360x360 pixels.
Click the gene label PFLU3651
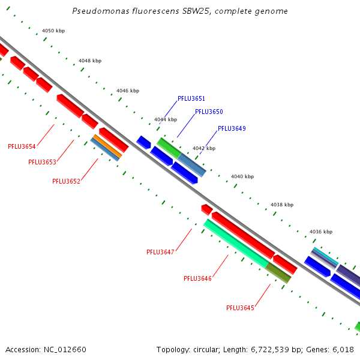click(x=191, y=98)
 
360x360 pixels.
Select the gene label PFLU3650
click(x=209, y=112)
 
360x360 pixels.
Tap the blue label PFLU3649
click(x=232, y=128)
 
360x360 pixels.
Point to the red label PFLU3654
click(x=22, y=146)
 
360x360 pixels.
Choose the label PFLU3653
click(x=42, y=162)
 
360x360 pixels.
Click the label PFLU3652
click(x=67, y=181)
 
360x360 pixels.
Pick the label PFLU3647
click(x=160, y=252)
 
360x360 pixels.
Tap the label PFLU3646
click(x=197, y=278)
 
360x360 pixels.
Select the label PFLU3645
click(x=241, y=308)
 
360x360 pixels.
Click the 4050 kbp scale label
click(x=53, y=31)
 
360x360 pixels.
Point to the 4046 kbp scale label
click(x=128, y=91)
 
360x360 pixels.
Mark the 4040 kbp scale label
click(x=242, y=176)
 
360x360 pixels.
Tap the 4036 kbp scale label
click(x=321, y=232)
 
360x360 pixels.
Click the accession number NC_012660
click(x=65, y=350)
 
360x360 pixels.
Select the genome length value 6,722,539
click(x=270, y=350)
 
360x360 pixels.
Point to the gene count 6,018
click(x=343, y=350)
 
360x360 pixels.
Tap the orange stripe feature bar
click(x=107, y=146)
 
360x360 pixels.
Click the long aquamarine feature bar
click(x=236, y=244)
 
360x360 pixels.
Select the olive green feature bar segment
click(x=278, y=273)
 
